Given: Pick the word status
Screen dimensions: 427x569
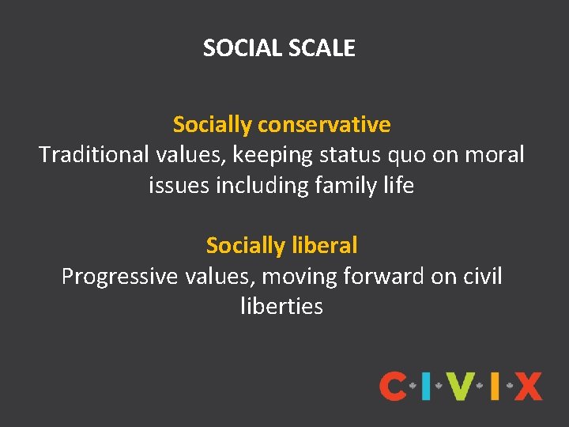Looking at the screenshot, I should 346,155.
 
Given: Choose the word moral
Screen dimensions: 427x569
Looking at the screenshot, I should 493,155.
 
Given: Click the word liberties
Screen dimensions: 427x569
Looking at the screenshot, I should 281,307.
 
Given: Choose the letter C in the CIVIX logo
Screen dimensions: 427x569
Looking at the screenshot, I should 393,387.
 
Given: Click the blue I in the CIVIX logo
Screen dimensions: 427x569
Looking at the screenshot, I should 427,387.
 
